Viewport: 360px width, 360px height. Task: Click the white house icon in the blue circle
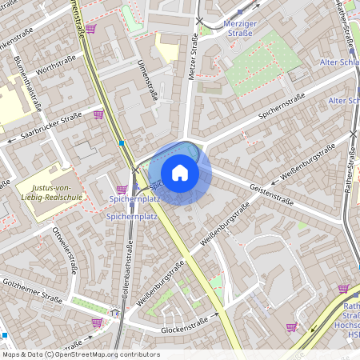(180, 172)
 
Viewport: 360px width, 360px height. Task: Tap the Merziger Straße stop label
(240, 29)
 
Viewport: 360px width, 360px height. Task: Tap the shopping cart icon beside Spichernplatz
(121, 190)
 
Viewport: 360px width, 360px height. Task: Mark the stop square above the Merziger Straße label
(239, 12)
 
